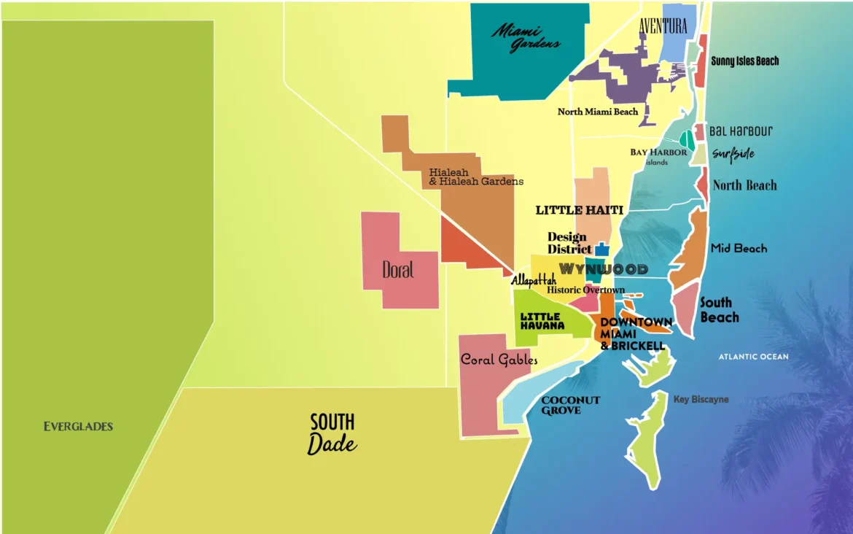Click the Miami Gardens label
point(526,37)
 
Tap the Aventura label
point(663,26)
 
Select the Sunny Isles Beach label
point(744,61)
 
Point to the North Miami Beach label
point(598,112)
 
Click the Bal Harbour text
point(741,132)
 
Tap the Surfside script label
point(733,154)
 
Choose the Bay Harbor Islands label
point(658,156)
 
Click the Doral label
point(398,270)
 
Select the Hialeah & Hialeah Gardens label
point(475,177)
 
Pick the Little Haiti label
point(580,210)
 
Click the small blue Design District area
point(601,249)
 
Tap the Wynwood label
point(603,269)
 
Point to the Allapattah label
point(533,280)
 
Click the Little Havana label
point(542,321)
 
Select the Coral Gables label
point(499,359)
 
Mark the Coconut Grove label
point(571,406)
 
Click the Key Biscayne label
point(701,400)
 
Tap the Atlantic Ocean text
point(753,357)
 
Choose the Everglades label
point(78,426)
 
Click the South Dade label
point(332,433)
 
